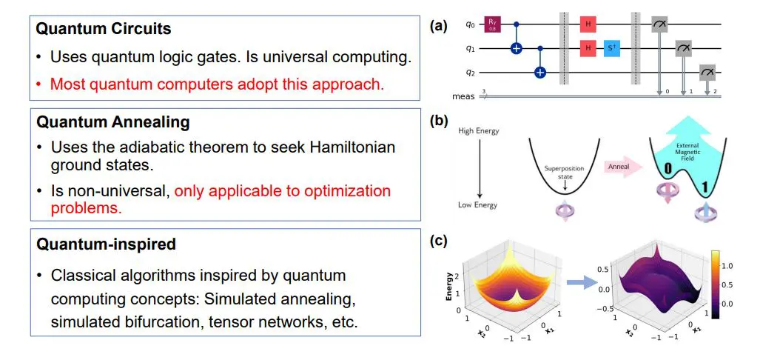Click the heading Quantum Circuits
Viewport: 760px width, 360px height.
click(x=104, y=30)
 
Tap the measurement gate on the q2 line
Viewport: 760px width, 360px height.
click(x=707, y=72)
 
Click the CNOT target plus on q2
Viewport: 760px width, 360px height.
click(x=540, y=72)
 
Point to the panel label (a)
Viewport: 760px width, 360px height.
click(x=439, y=26)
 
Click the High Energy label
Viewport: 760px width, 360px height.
click(x=478, y=132)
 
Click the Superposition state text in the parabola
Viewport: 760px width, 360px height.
click(x=564, y=172)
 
